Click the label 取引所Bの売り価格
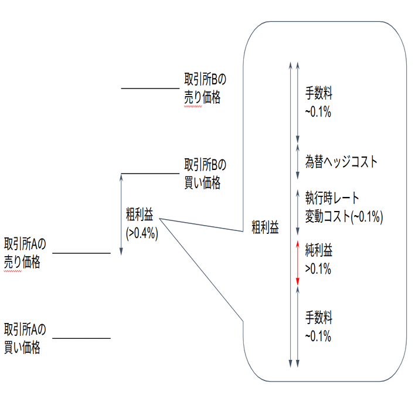(205, 88)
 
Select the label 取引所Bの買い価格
(205, 174)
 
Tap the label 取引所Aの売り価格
(25, 253)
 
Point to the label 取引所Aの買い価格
(25, 338)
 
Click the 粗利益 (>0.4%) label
(142, 224)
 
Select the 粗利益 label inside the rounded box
(265, 227)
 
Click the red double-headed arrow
(298, 263)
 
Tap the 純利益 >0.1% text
(319, 259)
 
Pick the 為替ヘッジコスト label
(341, 161)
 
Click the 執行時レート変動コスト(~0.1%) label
(344, 207)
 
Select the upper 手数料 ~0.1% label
(319, 102)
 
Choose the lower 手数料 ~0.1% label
(319, 326)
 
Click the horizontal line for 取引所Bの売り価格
(150, 88)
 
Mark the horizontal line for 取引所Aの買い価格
(81, 338)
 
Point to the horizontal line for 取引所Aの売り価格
(81, 253)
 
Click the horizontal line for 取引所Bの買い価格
(150, 174)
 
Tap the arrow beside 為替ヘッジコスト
(298, 161)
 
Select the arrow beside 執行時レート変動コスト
(298, 212)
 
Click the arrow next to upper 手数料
(298, 103)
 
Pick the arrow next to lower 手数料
(298, 327)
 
